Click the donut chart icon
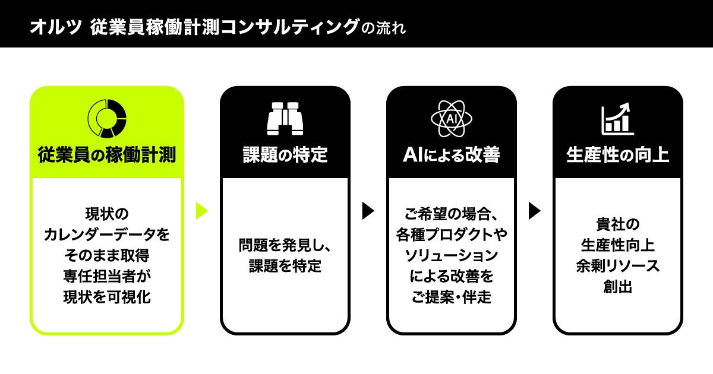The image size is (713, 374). click(x=107, y=118)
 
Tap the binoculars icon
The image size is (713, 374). click(x=285, y=118)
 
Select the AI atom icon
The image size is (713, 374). click(x=452, y=118)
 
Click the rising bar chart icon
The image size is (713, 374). click(x=618, y=118)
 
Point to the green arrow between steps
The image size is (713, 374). click(x=202, y=211)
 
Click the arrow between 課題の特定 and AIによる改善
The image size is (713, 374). click(x=368, y=211)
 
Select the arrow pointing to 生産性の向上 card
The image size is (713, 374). click(x=535, y=211)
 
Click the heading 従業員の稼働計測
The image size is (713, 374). click(x=107, y=156)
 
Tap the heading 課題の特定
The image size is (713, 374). click(x=285, y=156)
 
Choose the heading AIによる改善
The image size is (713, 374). click(x=452, y=156)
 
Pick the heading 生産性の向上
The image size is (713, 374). click(x=618, y=156)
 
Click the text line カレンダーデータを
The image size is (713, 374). click(x=107, y=235)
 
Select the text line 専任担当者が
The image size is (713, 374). click(x=107, y=277)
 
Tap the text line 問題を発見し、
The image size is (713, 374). click(x=285, y=245)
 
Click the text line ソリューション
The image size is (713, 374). click(x=452, y=256)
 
